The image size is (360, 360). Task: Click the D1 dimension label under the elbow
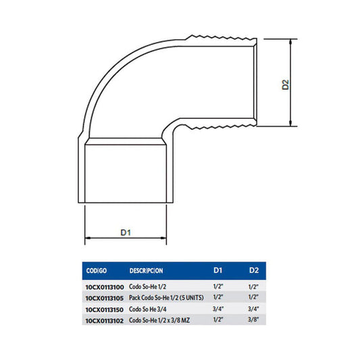(126, 232)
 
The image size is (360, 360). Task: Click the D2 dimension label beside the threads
(286, 84)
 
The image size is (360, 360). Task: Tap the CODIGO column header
(97, 271)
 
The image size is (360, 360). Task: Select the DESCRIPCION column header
(147, 271)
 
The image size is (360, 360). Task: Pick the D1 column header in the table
(218, 270)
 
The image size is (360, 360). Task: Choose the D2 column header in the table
(254, 270)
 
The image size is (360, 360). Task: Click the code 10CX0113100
(105, 287)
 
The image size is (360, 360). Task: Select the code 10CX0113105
(105, 299)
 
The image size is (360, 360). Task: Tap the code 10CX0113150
(105, 310)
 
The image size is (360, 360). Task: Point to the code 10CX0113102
(105, 321)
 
